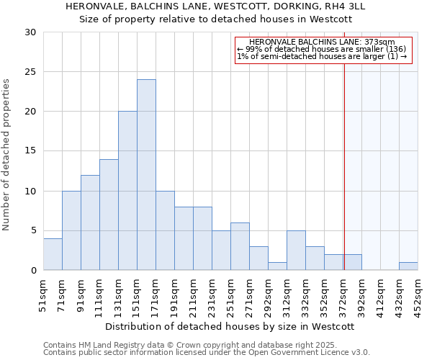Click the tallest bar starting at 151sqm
[x=146, y=175]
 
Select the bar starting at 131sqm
[x=127, y=191]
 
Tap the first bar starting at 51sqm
[x=53, y=254]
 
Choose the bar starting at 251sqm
[x=240, y=246]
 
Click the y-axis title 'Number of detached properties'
[x=7, y=155]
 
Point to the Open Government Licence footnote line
[x=206, y=353]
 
